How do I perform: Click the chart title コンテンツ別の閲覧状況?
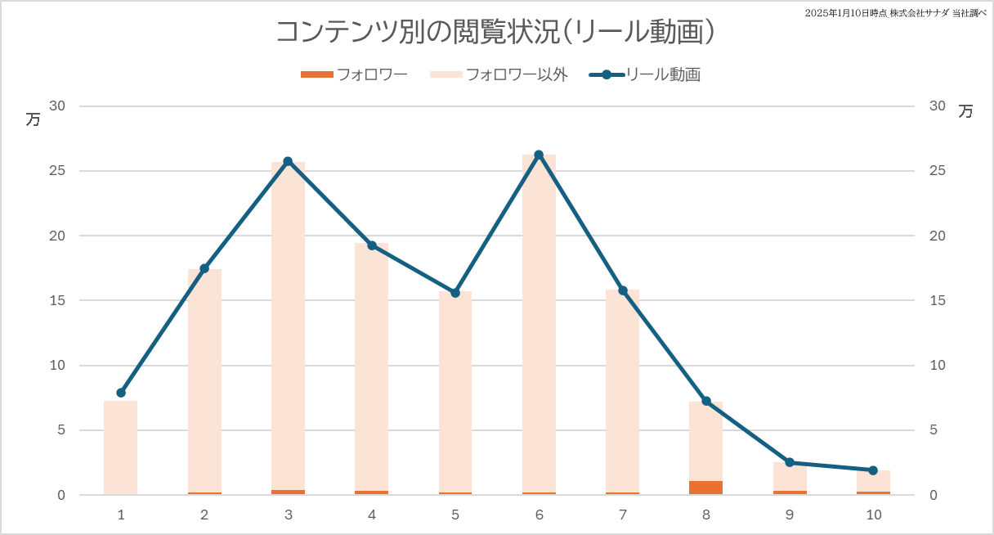pos(496,32)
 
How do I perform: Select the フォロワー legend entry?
pos(355,74)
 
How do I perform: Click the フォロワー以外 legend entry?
pos(499,74)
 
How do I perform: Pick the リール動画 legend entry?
pos(646,74)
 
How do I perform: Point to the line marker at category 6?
pos(539,155)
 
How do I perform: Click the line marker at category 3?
pos(288,161)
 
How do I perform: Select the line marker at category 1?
pos(121,393)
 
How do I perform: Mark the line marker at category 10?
pos(873,470)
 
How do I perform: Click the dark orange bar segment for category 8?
pos(705,488)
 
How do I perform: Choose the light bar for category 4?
pos(372,368)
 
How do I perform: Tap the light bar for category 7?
pos(622,393)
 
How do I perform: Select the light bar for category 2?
pos(204,384)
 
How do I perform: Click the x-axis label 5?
pos(455,515)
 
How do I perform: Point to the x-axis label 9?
pos(789,515)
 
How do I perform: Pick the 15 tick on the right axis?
pos(937,300)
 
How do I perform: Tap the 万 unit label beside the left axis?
pos(33,119)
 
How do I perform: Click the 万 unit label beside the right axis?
pos(966,111)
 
